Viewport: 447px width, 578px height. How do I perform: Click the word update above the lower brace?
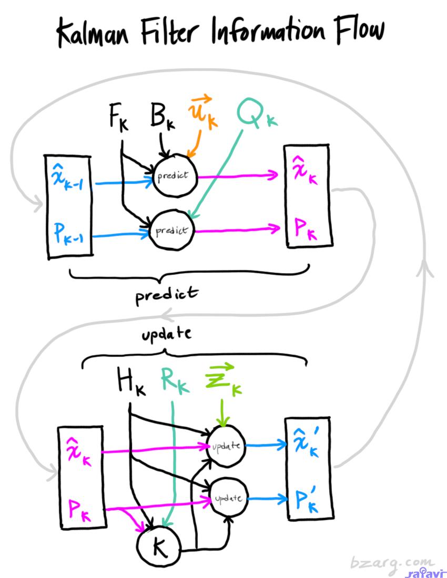pyautogui.click(x=166, y=334)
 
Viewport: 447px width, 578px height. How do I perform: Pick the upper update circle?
pyautogui.click(x=227, y=446)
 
